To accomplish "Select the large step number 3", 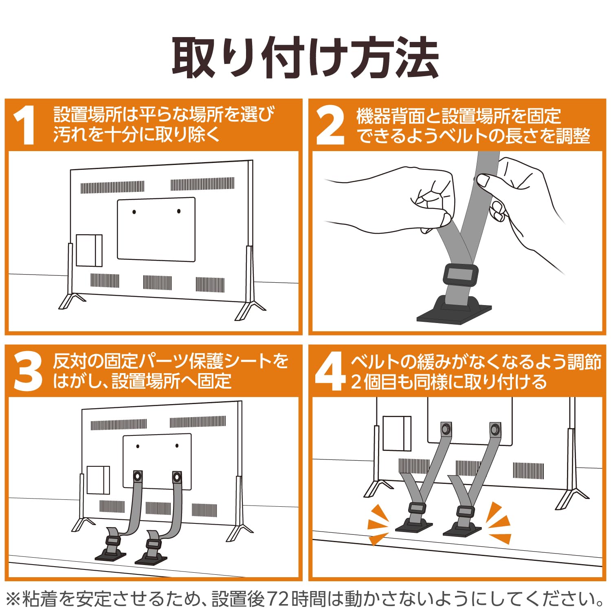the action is pos(28,371).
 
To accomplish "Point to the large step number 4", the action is pos(330,371).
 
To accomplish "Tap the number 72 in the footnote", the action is pos(280,599).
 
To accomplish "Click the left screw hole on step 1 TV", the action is pos(134,212).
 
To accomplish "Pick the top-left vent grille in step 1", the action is pos(112,187).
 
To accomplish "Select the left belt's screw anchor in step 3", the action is pos(138,476).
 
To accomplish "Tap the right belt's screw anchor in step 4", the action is pos(495,429).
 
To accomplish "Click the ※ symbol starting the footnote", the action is pos(13,599).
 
